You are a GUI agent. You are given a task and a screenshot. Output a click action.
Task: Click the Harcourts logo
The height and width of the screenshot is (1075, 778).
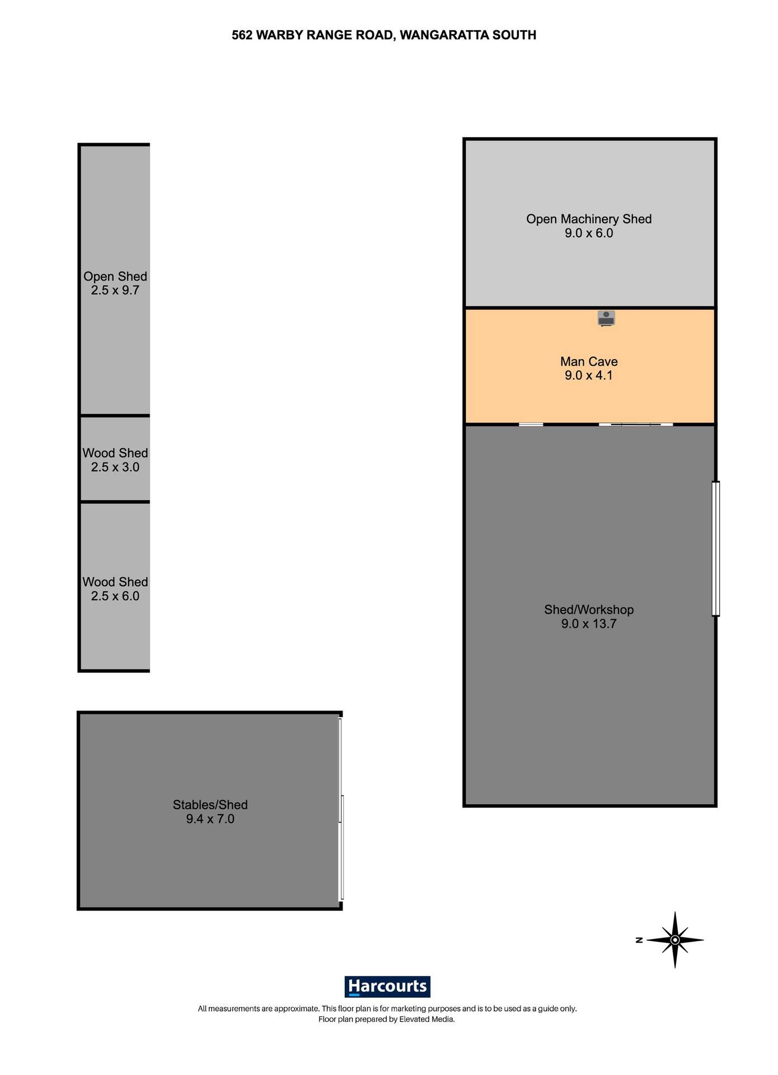pyautogui.click(x=387, y=986)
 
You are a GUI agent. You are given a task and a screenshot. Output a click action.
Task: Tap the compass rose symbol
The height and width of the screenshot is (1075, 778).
pyautogui.click(x=675, y=940)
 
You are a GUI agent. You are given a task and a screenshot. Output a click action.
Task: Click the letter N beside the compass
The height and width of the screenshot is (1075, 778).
pyautogui.click(x=639, y=940)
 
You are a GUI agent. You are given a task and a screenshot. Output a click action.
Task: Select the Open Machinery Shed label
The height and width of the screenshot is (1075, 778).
pyautogui.click(x=589, y=219)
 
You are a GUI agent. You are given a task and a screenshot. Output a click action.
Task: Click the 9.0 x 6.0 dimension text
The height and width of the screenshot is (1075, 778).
pyautogui.click(x=589, y=233)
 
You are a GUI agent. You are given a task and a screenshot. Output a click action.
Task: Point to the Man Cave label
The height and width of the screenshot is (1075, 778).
pyautogui.click(x=589, y=362)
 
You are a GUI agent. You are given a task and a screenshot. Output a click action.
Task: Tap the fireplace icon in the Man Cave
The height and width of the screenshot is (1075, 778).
pyautogui.click(x=606, y=318)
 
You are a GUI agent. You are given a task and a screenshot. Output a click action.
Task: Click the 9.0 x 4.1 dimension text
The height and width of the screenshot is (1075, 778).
pyautogui.click(x=589, y=376)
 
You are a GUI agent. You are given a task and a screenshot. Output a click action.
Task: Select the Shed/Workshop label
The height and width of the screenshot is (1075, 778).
pyautogui.click(x=589, y=610)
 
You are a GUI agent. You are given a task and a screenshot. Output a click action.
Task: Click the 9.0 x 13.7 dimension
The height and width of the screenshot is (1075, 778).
pyautogui.click(x=589, y=624)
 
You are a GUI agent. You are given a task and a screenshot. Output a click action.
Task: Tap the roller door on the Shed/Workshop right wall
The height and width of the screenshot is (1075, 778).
pyautogui.click(x=715, y=549)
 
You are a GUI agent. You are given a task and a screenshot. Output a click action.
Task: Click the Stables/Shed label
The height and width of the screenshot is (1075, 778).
pyautogui.click(x=210, y=805)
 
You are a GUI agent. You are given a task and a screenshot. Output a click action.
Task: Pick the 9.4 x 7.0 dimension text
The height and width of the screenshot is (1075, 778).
pyautogui.click(x=210, y=819)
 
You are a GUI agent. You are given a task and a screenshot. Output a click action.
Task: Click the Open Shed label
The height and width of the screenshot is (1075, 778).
pyautogui.click(x=115, y=277)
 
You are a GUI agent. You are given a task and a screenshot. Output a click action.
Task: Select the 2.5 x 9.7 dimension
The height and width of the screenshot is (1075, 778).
pyautogui.click(x=115, y=291)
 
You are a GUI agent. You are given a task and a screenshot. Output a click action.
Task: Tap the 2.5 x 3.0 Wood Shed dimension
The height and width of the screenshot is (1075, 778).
pyautogui.click(x=115, y=468)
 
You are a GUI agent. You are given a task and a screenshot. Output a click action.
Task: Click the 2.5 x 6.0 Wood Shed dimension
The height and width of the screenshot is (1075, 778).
pyautogui.click(x=115, y=596)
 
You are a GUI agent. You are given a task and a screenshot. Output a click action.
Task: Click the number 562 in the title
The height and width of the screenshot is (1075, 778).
pyautogui.click(x=242, y=35)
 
